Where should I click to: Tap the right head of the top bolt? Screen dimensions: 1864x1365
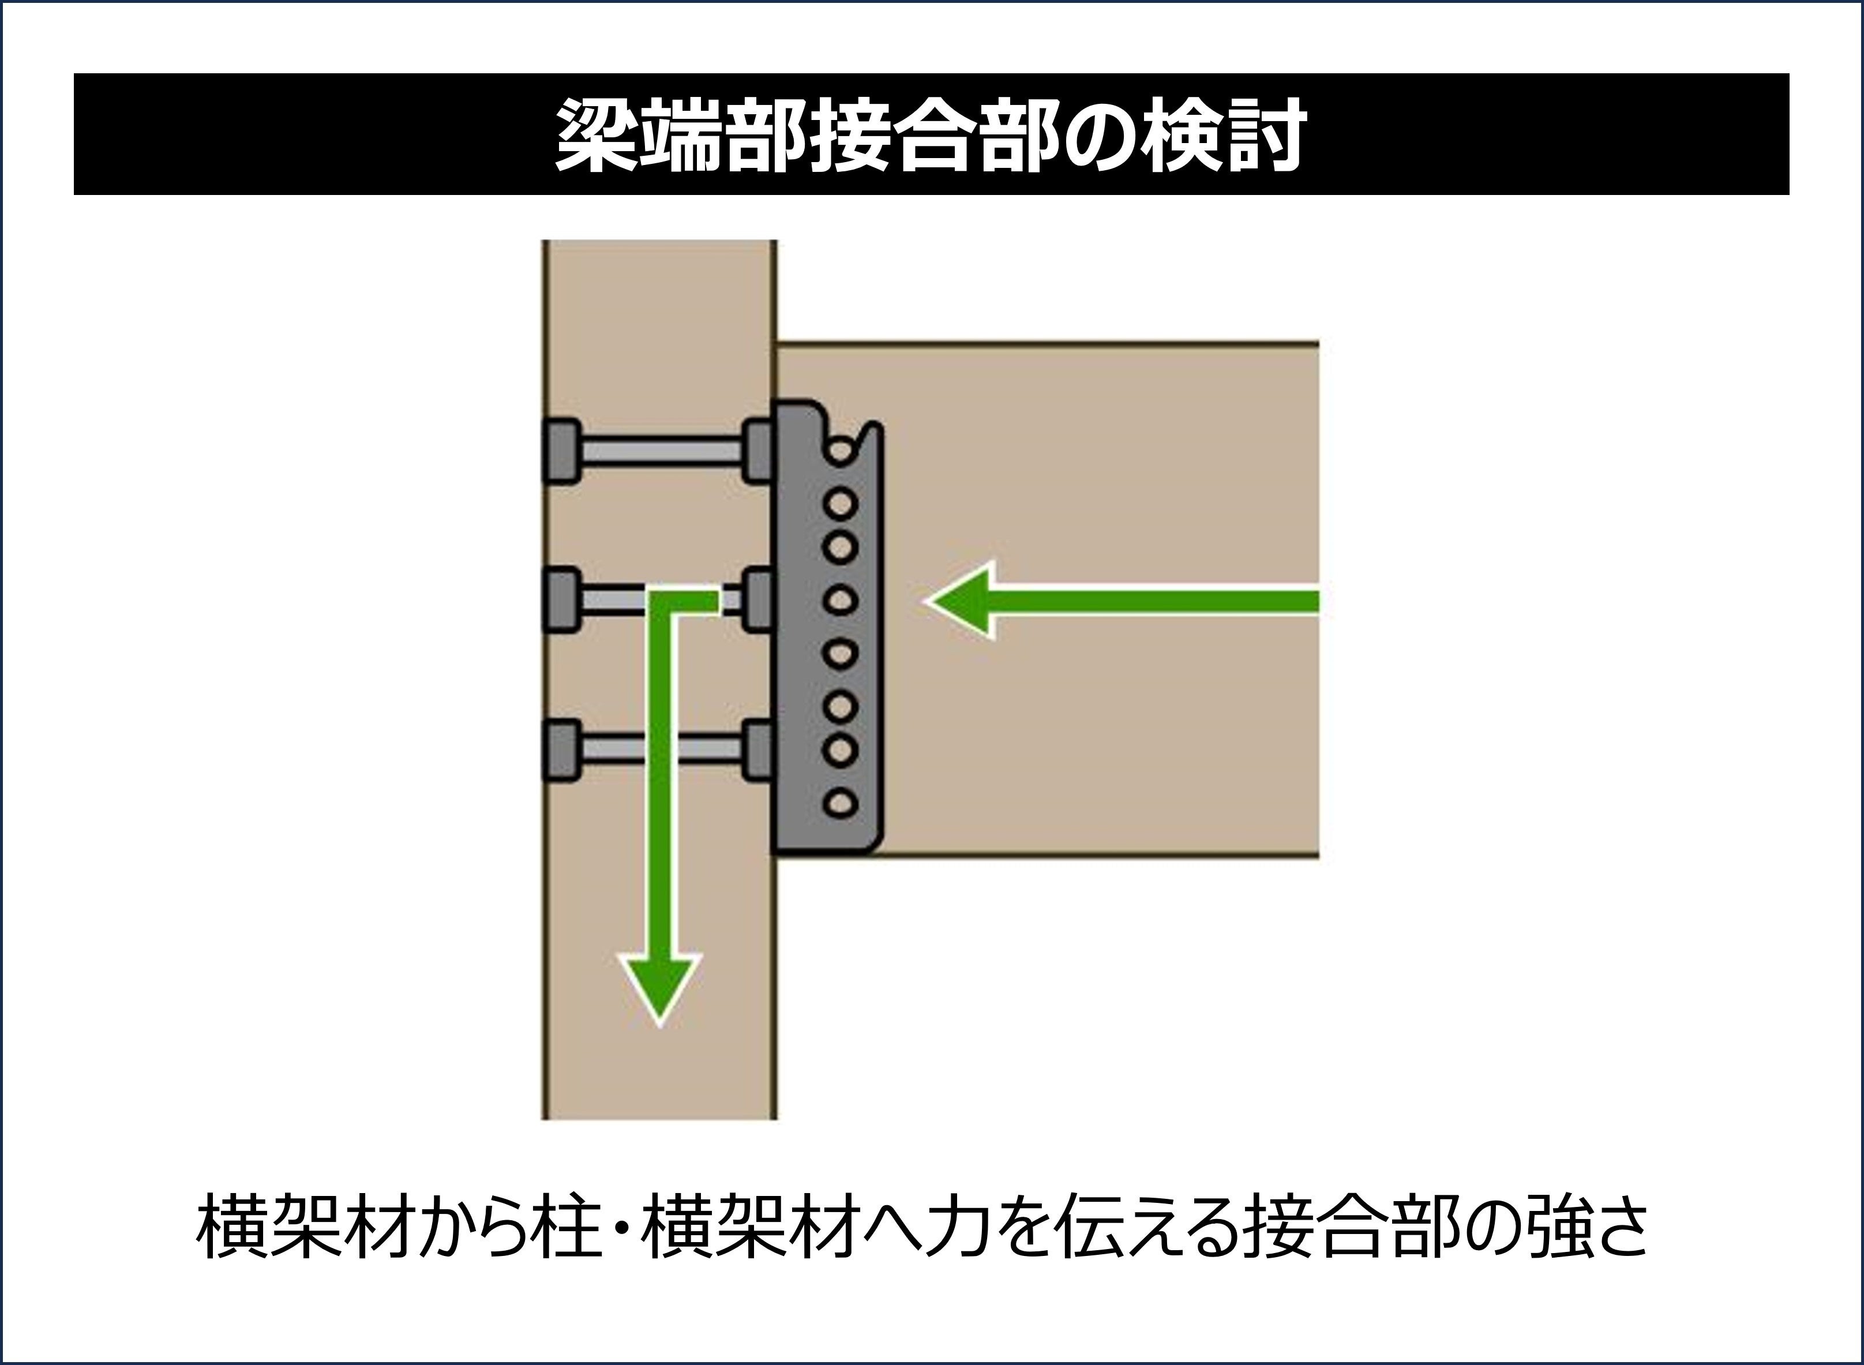click(x=757, y=451)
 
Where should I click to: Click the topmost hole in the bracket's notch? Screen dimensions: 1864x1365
click(x=841, y=451)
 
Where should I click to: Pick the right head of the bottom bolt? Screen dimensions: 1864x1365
click(x=757, y=750)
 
